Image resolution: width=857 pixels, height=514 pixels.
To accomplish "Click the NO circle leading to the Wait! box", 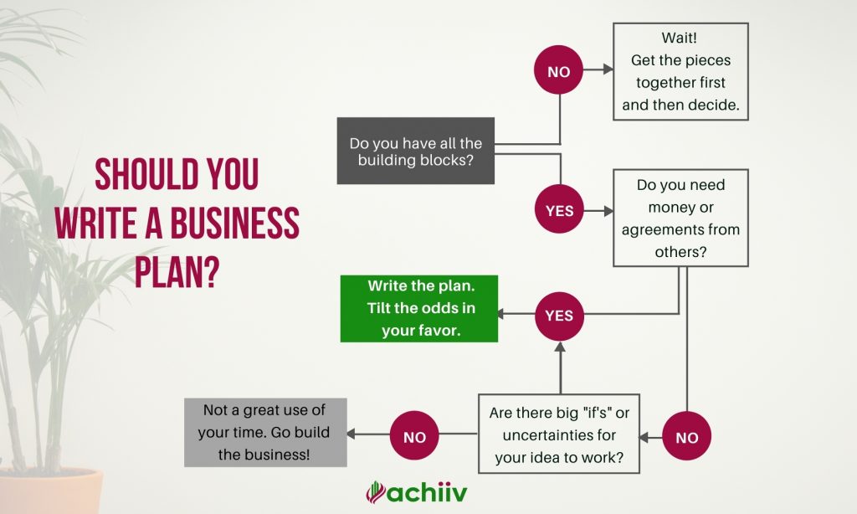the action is tap(558, 70).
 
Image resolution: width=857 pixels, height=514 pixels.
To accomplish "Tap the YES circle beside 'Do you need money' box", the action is tap(559, 209).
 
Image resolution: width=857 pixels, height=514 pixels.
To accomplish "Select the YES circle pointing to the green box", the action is tap(559, 316).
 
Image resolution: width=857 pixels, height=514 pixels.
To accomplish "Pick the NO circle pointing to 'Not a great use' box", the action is tap(414, 435).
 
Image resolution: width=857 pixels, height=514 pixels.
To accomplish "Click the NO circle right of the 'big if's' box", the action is tap(686, 436).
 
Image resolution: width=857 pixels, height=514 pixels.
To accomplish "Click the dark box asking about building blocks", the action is tap(416, 151).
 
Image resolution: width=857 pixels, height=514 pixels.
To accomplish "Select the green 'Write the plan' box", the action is tap(419, 309).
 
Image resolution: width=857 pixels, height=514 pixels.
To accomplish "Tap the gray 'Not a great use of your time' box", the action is tap(265, 433).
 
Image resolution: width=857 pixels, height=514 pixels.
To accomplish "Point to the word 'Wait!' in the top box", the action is tap(680, 38).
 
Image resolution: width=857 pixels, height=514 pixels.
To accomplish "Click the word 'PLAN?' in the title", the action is tap(177, 271).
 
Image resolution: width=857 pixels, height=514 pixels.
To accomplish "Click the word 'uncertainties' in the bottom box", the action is tap(559, 435).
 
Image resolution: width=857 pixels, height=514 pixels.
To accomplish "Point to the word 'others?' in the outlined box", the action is tap(680, 252).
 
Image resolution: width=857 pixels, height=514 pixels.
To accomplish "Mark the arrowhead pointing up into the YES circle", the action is tap(560, 347).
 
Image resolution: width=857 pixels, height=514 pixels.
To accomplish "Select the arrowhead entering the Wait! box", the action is tap(608, 69).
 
